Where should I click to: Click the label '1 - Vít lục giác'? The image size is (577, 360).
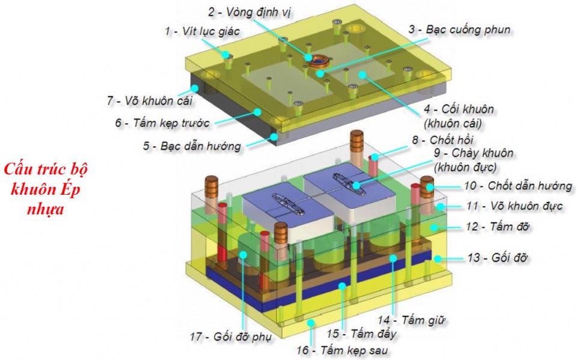[203, 31]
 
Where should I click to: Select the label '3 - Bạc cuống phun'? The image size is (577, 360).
[459, 29]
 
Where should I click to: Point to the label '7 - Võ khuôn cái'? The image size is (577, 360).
[150, 100]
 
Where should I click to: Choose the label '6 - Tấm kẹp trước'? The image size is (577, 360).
[162, 123]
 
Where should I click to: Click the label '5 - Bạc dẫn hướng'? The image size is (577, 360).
[192, 146]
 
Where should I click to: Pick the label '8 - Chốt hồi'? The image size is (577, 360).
[442, 140]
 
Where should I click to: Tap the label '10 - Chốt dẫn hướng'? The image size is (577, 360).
[518, 186]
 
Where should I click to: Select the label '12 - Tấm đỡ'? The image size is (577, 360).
[497, 227]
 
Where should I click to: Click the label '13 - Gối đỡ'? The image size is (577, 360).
[498, 258]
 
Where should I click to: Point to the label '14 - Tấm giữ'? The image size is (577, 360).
[411, 320]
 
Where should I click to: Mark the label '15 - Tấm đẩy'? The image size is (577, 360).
[362, 334]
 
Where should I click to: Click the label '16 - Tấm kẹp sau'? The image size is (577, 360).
[342, 350]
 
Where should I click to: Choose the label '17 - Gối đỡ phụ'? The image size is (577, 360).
[231, 337]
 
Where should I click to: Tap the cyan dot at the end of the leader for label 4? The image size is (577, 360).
[362, 75]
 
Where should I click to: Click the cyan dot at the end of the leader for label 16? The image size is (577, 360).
[311, 323]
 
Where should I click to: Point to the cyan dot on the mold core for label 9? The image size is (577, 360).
[356, 185]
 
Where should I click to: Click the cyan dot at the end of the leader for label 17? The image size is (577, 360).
[243, 254]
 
